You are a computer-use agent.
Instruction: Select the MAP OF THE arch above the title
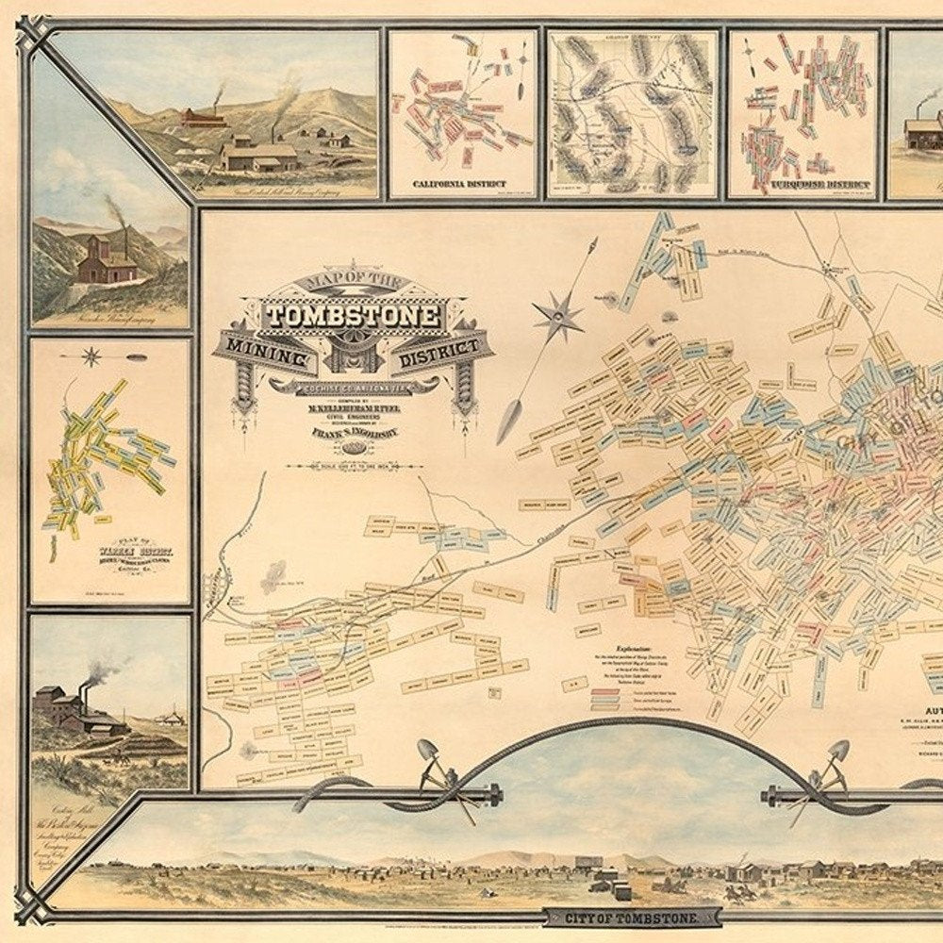pos(353,283)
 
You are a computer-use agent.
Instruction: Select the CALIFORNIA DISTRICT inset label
pos(459,184)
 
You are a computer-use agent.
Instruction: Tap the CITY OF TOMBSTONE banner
pos(633,916)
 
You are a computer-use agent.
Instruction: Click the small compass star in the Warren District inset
pos(91,356)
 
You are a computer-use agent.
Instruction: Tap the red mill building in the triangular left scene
pos(106,261)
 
